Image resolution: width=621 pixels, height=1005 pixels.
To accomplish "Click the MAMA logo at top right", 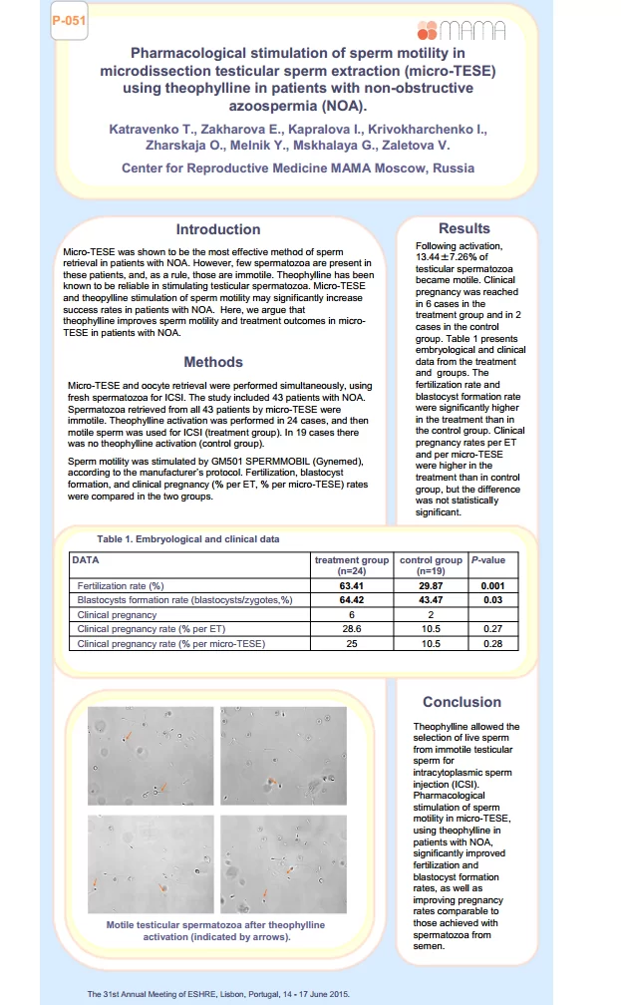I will pos(467,31).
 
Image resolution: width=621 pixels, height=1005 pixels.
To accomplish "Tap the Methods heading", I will pos(213,362).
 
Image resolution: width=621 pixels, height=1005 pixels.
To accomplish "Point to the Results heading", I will pos(465,228).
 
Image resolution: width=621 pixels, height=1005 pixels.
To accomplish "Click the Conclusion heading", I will pos(462,702).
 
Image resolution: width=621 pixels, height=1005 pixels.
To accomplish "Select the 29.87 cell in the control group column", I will pos(431,586).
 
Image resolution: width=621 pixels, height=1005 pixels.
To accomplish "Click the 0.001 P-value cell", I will pos(493,586).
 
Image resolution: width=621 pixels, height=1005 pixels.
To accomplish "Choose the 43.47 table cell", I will pos(431,601).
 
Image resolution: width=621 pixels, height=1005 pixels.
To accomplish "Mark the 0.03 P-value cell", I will pos(493,601).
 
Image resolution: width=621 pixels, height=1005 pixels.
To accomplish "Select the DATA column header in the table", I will pos(86,560).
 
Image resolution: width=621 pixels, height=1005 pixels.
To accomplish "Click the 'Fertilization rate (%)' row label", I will pos(121,586).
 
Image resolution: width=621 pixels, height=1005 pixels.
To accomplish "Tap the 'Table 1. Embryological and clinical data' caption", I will pos(188,539).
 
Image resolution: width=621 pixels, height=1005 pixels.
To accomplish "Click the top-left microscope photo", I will pos(151,756).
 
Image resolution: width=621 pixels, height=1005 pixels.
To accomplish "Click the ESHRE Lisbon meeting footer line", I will pos(218,994).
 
